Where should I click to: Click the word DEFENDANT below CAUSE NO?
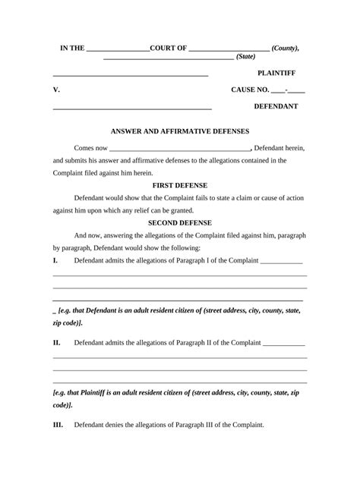(x=276, y=106)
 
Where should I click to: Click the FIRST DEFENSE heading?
(x=180, y=185)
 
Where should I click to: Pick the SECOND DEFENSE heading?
(x=180, y=223)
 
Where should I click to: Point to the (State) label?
(x=246, y=56)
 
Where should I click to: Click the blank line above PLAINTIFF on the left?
(x=130, y=76)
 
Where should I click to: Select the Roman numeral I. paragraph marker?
(x=55, y=260)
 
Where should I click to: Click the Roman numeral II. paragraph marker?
(x=57, y=342)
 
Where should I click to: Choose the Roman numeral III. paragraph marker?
(x=58, y=425)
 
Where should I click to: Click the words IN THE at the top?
(x=73, y=48)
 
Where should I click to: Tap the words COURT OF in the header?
(x=169, y=48)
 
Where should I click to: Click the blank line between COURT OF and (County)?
(x=229, y=50)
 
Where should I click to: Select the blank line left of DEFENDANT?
(x=131, y=109)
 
